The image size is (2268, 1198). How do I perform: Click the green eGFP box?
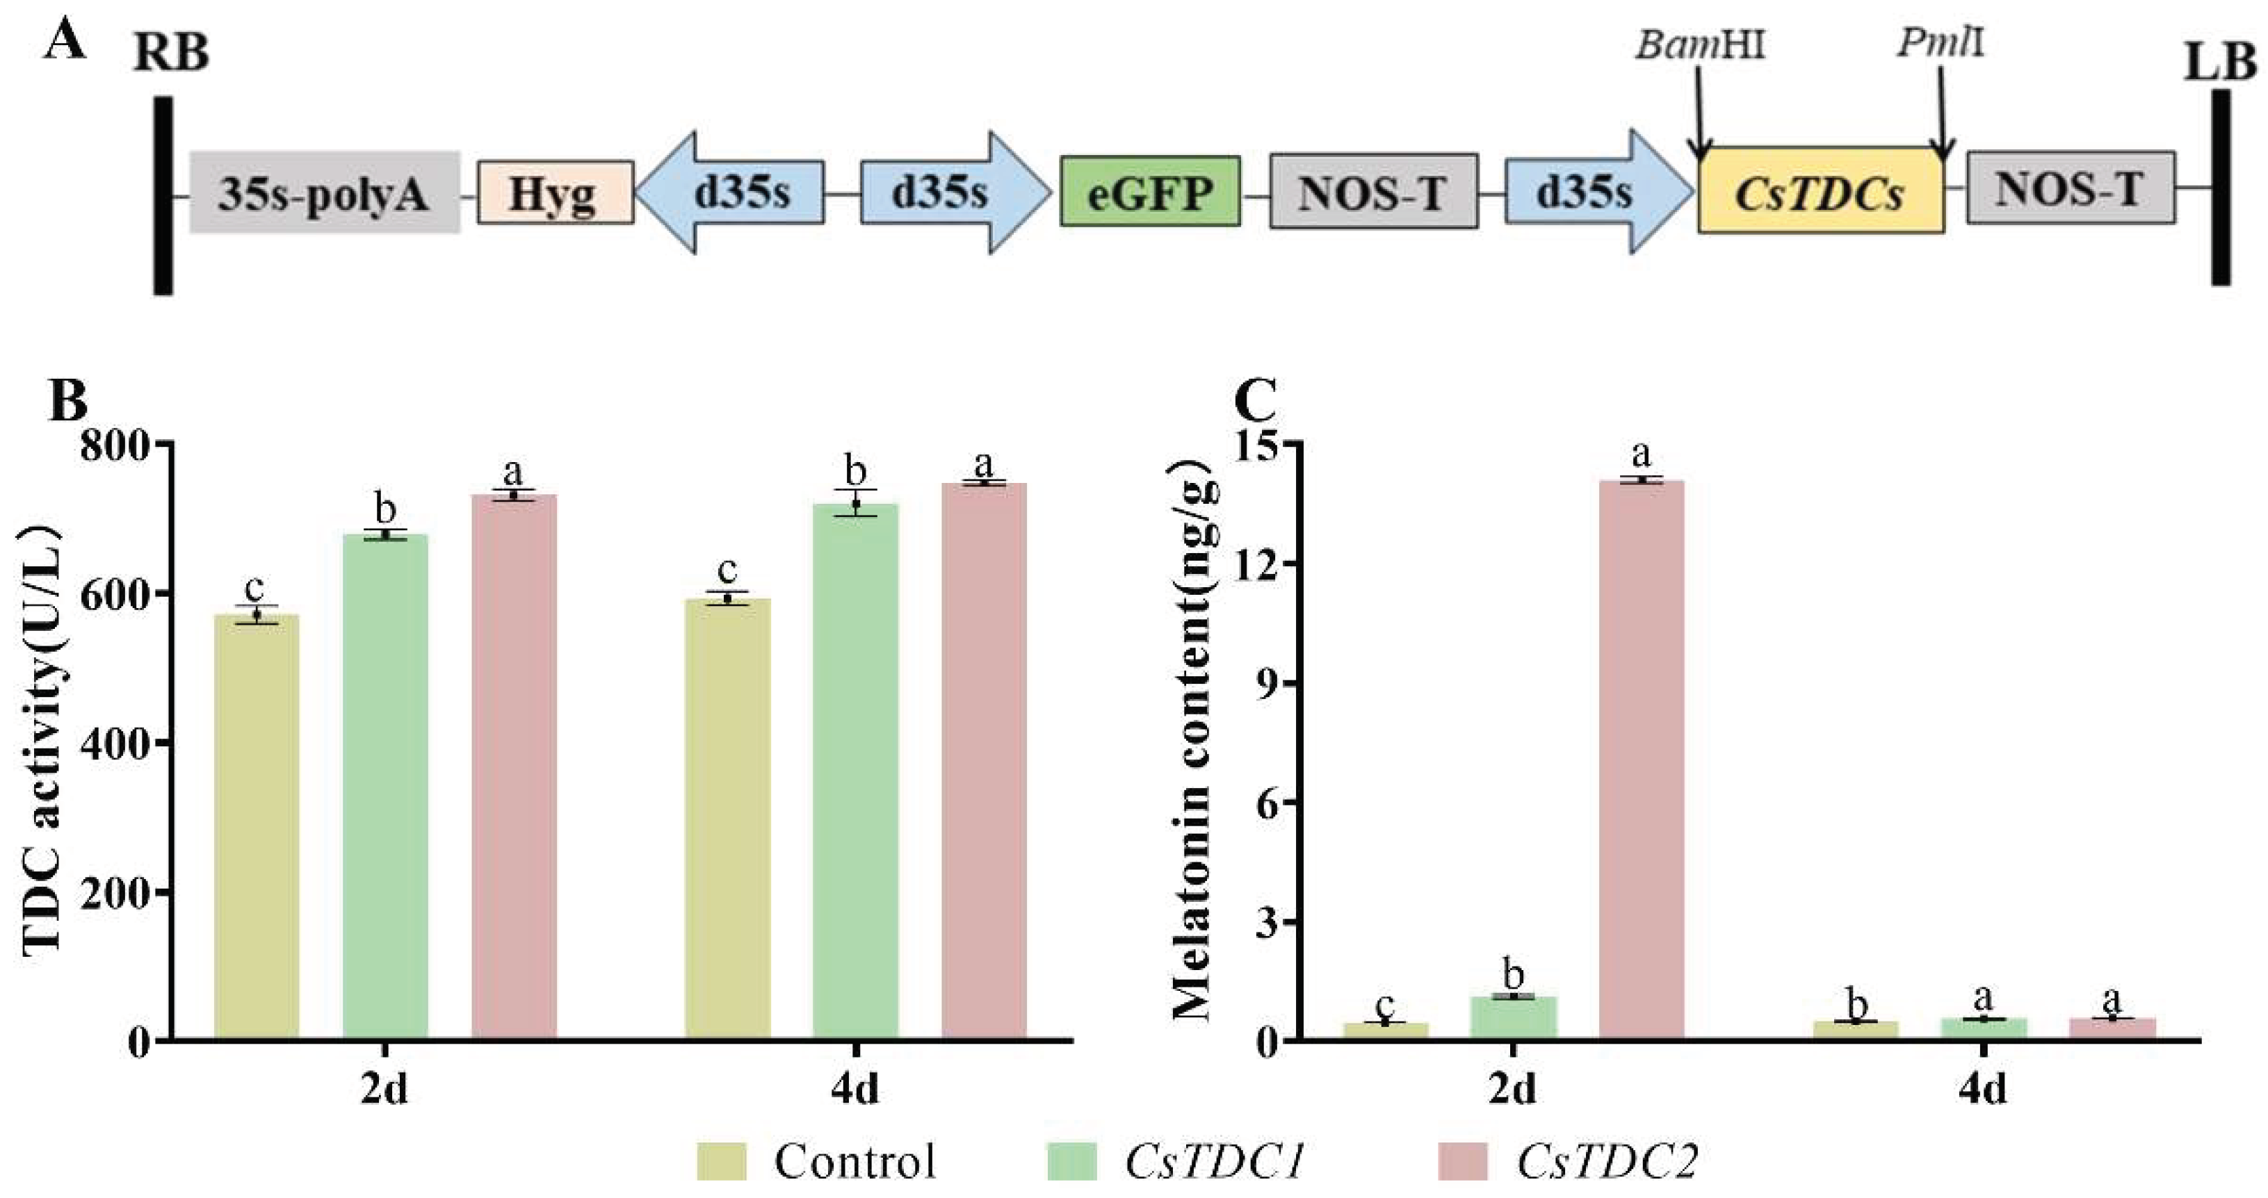[x=1150, y=191]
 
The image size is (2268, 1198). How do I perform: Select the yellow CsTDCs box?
[x=1821, y=191]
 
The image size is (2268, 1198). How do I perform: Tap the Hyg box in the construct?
[x=555, y=192]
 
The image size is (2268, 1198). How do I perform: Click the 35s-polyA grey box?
[x=324, y=192]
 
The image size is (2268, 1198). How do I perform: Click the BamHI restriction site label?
[x=1700, y=44]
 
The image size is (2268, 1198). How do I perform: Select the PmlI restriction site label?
[x=1941, y=42]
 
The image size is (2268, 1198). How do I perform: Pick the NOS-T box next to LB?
[x=2071, y=188]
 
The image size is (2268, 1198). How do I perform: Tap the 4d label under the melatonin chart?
[x=1983, y=1090]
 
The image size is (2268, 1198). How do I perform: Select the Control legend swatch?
[x=721, y=1161]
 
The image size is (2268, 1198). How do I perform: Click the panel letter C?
[x=1254, y=402]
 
